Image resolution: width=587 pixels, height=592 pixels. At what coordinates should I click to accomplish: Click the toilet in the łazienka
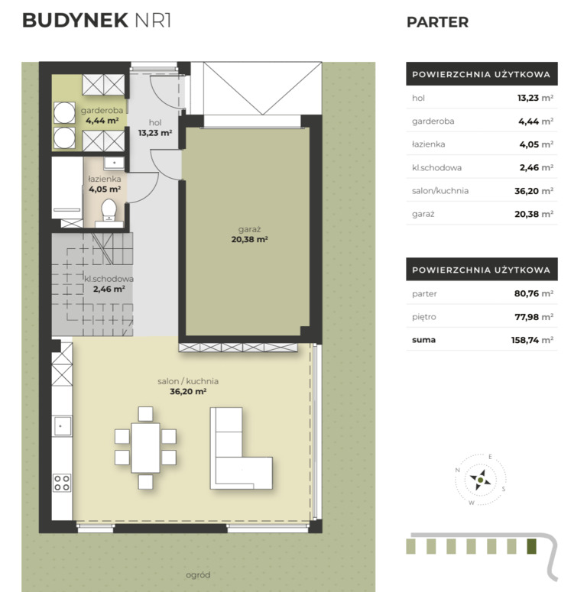click(x=109, y=210)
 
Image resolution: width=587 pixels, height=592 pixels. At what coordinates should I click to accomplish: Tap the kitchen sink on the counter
click(x=62, y=426)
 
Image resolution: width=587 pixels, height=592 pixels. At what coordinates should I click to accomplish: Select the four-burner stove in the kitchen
click(x=62, y=483)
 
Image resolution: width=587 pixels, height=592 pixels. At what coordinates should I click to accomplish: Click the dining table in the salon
click(x=145, y=448)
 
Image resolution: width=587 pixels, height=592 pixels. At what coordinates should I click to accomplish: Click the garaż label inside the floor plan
click(x=250, y=230)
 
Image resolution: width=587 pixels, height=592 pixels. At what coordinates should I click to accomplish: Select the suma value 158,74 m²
click(x=532, y=340)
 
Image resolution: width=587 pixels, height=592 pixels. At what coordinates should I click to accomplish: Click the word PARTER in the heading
click(x=437, y=22)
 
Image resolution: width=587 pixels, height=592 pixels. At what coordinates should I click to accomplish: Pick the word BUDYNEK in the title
click(x=75, y=21)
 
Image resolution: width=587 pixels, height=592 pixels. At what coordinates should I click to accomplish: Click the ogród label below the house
click(x=198, y=575)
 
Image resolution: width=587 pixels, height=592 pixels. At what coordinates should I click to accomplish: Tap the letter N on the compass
click(x=457, y=470)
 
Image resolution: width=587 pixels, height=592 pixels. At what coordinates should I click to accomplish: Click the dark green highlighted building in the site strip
click(x=531, y=546)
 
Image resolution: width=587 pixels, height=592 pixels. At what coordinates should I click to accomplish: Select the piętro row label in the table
click(x=424, y=317)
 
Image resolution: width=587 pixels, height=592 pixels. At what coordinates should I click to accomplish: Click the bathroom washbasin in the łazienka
click(x=114, y=163)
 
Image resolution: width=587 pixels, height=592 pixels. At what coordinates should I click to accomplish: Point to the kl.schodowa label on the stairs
click(x=109, y=279)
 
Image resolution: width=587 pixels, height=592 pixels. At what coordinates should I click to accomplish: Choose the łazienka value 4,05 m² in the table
click(x=537, y=144)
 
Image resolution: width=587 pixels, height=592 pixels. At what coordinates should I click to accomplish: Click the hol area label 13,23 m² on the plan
click(x=155, y=133)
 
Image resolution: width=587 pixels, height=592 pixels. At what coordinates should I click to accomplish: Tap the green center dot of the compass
click(x=480, y=480)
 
